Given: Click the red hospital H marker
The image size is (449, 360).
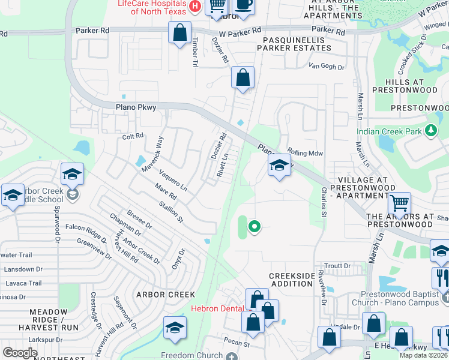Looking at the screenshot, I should point(194,6).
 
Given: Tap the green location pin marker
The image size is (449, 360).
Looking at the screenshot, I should point(254,226).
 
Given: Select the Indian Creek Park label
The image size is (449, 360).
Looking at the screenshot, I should point(388,131).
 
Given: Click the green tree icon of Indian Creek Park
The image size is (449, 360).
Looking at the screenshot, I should point(430,130).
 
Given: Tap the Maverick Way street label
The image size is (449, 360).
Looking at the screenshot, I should point(152,151).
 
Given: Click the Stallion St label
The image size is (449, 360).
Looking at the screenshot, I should point(170,212).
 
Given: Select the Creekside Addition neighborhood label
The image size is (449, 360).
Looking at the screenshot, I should point(291,279).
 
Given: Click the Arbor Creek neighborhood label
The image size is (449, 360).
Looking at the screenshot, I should point(166,295).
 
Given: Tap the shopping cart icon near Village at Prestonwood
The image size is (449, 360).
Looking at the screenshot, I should point(399,203).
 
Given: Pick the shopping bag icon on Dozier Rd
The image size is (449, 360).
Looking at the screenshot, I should point(243,77).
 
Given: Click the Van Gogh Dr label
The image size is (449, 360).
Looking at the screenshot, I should point(327,67).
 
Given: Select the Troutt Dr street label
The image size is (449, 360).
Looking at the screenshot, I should point(337,266).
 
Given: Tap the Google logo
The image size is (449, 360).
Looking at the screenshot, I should point(20,353).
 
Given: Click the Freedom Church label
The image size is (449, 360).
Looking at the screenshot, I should point(192,355).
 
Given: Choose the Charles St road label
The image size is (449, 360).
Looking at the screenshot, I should point(324,201).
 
